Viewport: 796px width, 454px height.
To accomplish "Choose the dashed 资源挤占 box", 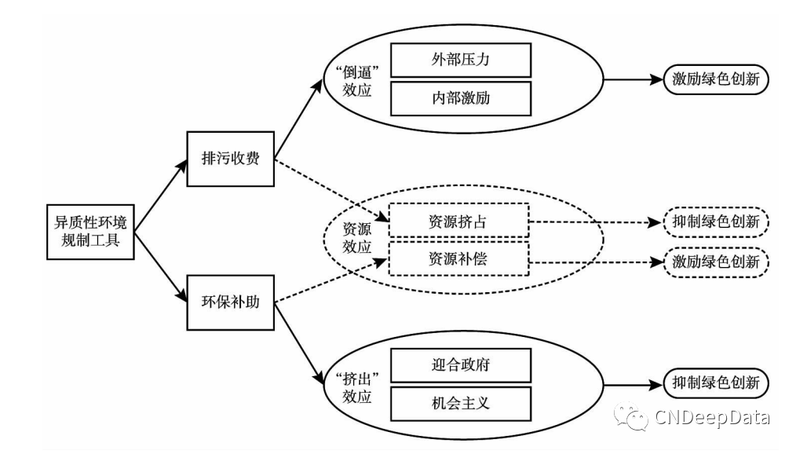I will point(460,221).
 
